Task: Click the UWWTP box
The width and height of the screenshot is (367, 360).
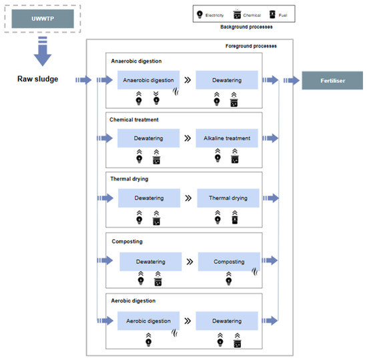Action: point(43,19)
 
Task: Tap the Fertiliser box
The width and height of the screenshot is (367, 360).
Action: point(332,81)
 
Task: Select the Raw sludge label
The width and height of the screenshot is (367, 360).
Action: point(37,79)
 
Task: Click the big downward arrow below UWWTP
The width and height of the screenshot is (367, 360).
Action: point(43,51)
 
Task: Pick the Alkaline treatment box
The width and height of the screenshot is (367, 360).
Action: point(227,138)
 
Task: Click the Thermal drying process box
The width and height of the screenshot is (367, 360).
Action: point(228,198)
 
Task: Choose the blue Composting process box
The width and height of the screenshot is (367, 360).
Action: point(229,262)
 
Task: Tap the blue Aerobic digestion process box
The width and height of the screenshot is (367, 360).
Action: point(148,321)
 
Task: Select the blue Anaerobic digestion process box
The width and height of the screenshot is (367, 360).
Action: point(148,80)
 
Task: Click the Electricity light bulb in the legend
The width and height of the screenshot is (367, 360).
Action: point(200,14)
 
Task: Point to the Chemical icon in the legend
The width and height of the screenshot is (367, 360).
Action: point(237,15)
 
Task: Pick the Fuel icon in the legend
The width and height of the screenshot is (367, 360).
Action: point(272,14)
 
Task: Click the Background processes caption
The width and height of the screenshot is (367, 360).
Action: point(246,27)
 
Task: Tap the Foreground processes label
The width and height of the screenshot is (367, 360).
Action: point(251,46)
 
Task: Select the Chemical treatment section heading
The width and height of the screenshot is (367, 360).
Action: point(134,120)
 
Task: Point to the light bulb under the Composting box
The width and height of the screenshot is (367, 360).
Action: point(229,281)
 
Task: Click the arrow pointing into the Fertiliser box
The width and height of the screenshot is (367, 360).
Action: point(292,81)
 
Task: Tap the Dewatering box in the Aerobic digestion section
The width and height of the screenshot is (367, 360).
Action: point(227,321)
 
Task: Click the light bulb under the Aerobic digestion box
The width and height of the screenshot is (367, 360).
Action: point(148,343)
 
